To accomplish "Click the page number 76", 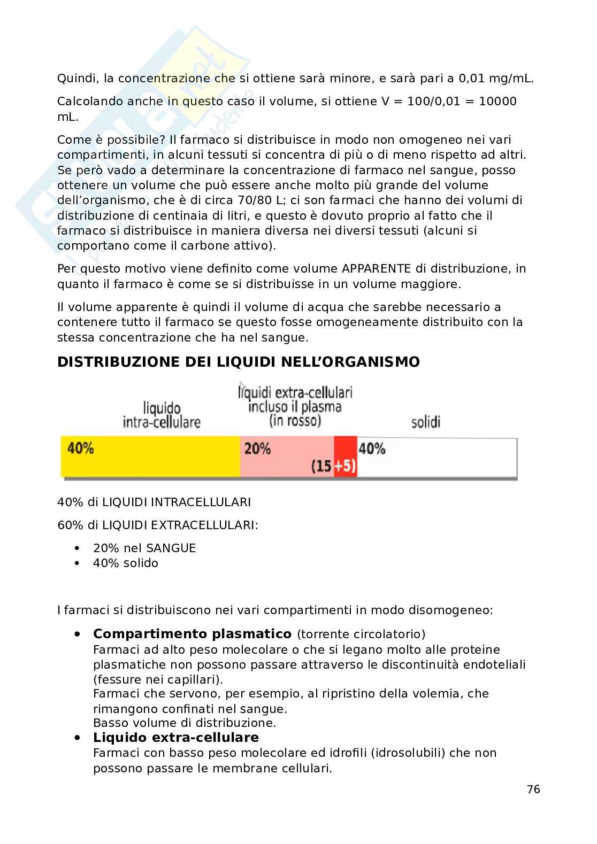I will point(533,789).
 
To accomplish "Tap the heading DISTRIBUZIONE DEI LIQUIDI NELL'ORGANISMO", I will point(238,362).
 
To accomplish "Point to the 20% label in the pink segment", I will point(257,448).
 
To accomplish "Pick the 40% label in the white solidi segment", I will point(372,448).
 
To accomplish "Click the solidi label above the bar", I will point(426,422).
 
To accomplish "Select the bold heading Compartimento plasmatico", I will point(192,634).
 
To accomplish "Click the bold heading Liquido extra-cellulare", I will point(175,738).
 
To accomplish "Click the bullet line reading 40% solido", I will point(125,563).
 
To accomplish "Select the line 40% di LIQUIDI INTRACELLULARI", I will point(154,502).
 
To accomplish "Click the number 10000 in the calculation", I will point(497,102).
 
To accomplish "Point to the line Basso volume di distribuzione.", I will point(184,723).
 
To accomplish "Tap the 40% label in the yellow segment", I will point(81,448).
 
